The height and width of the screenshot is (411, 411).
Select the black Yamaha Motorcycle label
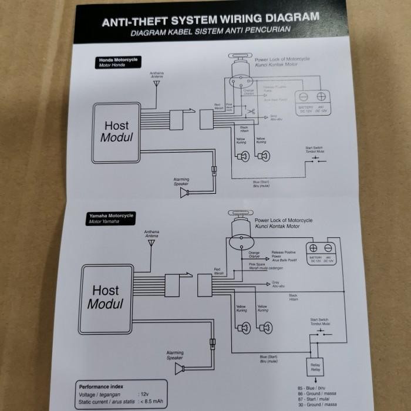pos(112,218)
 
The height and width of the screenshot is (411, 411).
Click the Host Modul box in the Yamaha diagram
pos(106,297)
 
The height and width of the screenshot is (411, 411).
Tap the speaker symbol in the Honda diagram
pos(184,193)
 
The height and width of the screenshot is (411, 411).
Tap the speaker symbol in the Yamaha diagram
pos(178,368)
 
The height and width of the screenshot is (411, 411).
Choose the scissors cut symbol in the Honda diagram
pos(233,112)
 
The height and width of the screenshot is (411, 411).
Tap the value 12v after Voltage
pos(144,395)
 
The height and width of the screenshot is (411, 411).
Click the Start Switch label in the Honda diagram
pos(314,150)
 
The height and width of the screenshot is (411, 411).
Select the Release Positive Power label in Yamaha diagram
pos(286,256)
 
